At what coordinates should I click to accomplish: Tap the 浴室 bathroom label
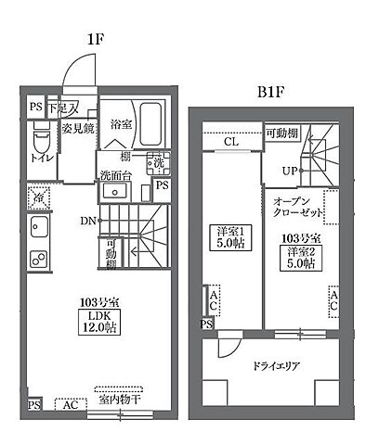122,123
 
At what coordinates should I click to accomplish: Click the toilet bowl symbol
39,139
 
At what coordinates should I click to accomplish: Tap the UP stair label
290,171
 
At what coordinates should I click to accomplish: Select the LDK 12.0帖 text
91,319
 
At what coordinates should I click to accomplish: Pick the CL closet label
231,142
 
